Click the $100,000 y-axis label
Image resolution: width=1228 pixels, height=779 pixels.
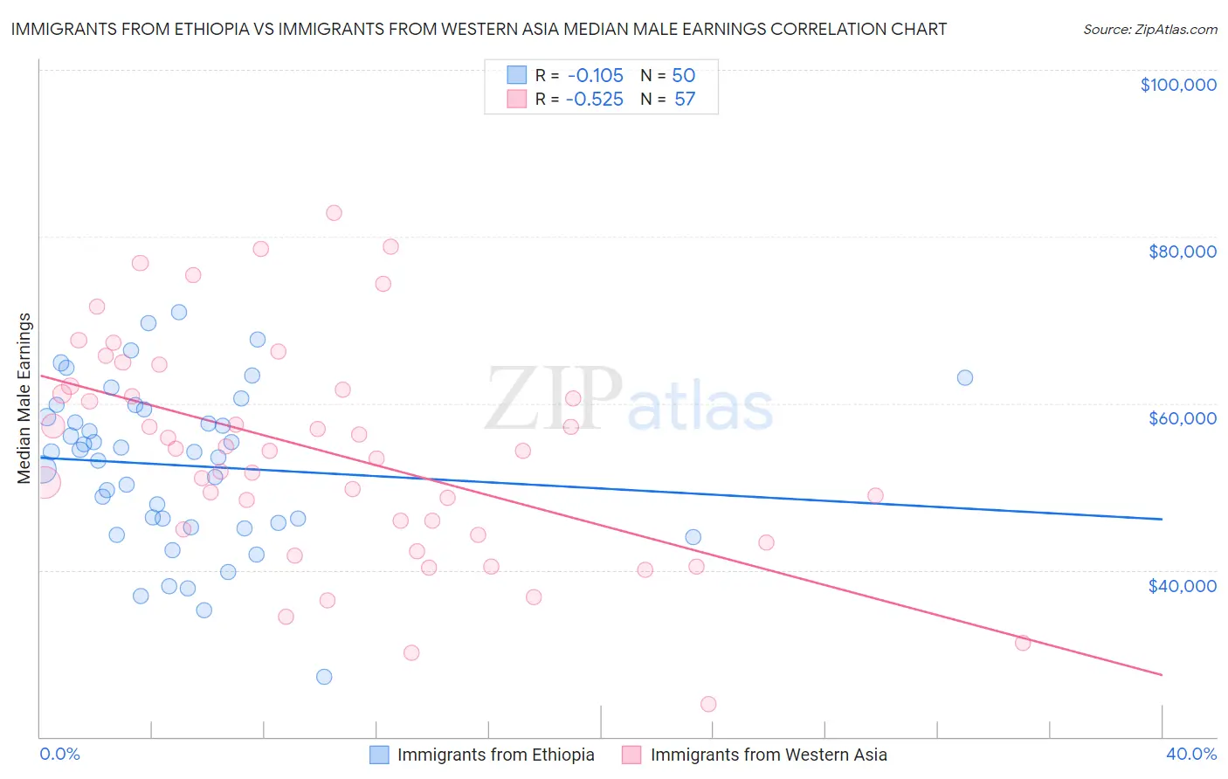tap(1178, 85)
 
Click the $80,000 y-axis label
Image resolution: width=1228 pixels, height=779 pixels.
tap(1182, 252)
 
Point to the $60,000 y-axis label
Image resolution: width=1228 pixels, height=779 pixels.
tap(1182, 418)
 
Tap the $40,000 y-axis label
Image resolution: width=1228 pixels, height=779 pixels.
tap(1182, 586)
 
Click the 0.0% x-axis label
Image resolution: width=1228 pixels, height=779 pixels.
tap(59, 755)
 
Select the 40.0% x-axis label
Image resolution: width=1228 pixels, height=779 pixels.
tap(1190, 755)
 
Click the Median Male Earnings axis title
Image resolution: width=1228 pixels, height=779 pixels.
tap(24, 398)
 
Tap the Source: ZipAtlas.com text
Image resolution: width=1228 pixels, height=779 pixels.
tap(1149, 30)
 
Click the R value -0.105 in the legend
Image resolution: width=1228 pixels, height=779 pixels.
tap(594, 76)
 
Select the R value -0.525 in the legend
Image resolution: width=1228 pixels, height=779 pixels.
tap(594, 100)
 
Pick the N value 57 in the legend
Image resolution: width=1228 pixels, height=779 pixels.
tap(685, 100)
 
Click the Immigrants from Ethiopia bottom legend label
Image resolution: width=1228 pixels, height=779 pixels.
tap(495, 755)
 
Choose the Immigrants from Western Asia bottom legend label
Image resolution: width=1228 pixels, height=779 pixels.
tap(768, 755)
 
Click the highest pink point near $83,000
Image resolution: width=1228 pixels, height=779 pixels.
tap(334, 213)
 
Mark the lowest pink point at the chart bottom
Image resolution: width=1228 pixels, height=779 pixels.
tap(708, 704)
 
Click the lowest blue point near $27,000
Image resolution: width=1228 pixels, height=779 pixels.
tap(324, 677)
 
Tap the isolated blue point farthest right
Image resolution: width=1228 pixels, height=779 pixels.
tap(965, 378)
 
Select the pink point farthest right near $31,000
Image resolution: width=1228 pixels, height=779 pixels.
tap(1023, 644)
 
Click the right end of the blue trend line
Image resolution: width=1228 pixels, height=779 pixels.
tap(1162, 520)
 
